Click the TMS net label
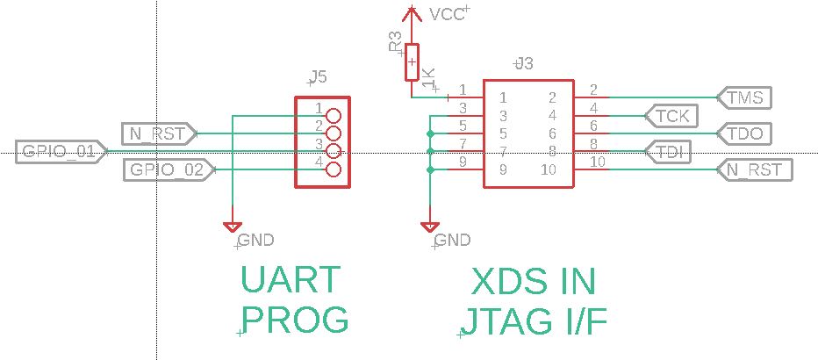point(744,97)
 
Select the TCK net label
point(672,115)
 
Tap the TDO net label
point(744,133)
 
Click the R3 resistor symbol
point(412,62)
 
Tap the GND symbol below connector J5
point(233,227)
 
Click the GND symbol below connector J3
point(429,227)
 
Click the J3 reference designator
point(524,64)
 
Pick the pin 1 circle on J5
point(333,115)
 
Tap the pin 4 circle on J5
point(333,169)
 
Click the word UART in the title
point(290,280)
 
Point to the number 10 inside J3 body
point(549,169)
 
